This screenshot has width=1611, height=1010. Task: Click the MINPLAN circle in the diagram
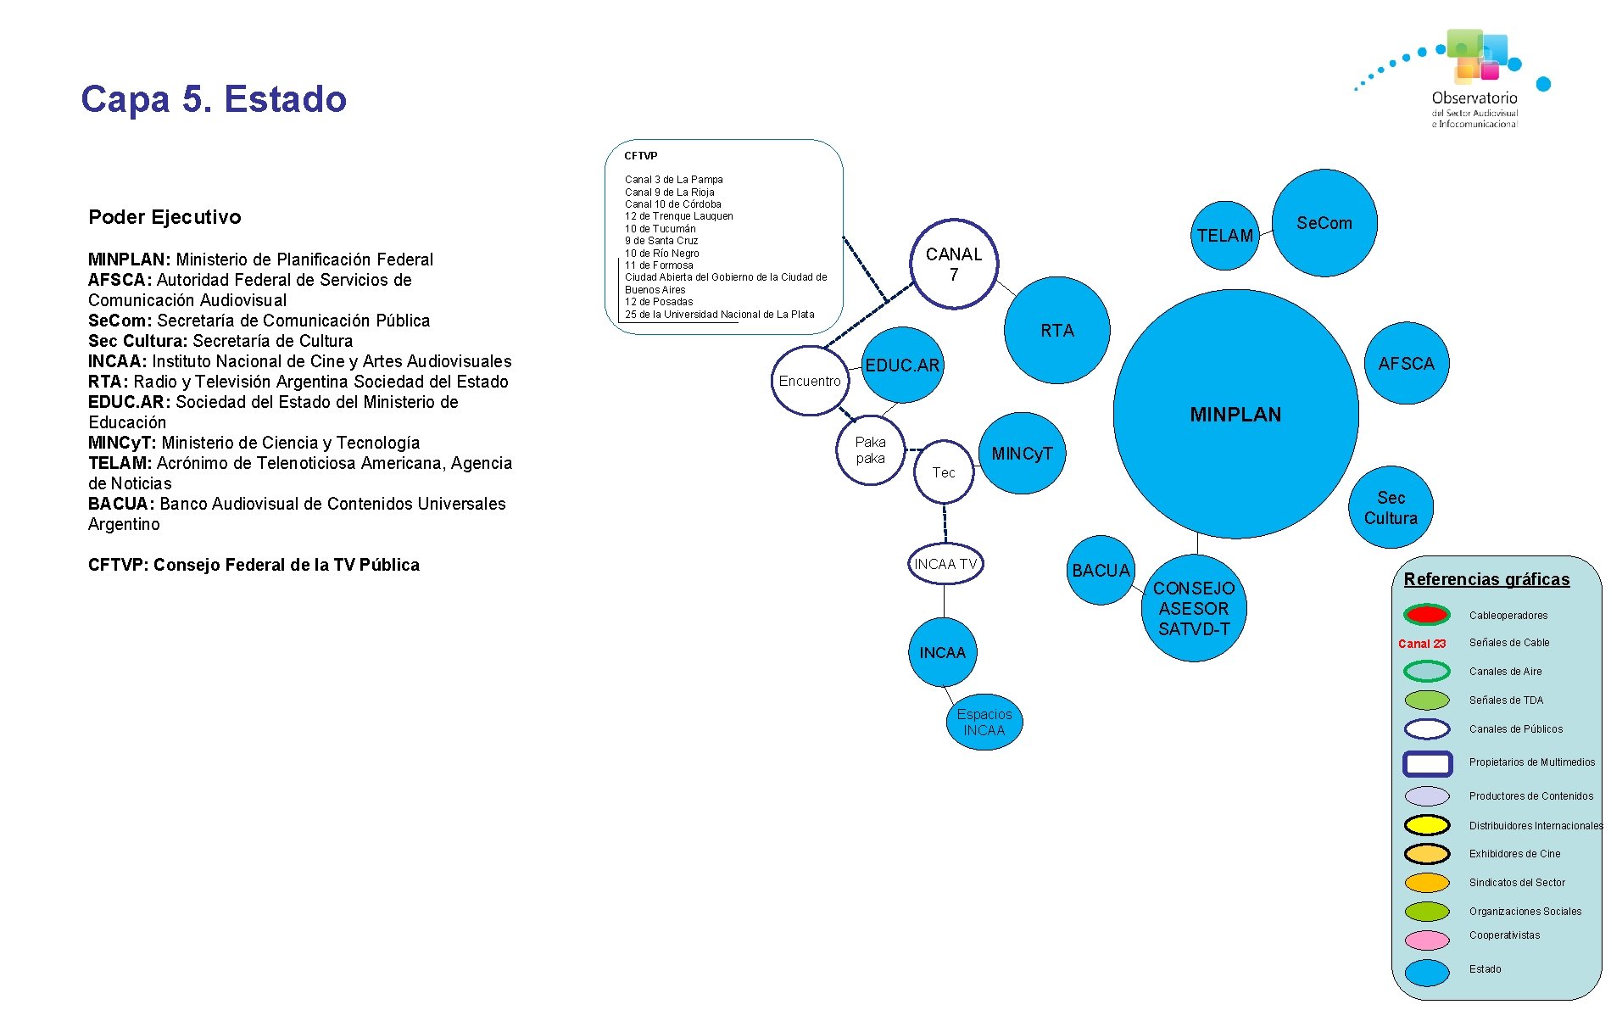(x=1235, y=415)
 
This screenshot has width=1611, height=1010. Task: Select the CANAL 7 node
(x=954, y=264)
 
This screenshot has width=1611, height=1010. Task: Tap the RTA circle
(x=1056, y=331)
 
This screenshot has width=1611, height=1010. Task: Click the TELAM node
(x=1224, y=236)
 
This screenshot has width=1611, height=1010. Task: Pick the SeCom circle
(x=1324, y=223)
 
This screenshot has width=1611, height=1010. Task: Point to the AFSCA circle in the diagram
(x=1406, y=364)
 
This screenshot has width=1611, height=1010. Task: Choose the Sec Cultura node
(x=1391, y=508)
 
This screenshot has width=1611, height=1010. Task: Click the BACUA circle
(x=1101, y=571)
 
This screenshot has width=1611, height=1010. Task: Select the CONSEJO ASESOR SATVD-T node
(x=1194, y=609)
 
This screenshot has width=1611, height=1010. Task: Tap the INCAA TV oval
(x=945, y=564)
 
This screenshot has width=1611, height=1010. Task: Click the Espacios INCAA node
(x=984, y=723)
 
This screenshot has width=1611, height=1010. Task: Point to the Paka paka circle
(x=870, y=450)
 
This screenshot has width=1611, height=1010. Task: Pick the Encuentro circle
(x=810, y=381)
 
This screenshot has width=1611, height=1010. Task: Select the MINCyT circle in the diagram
(x=1022, y=454)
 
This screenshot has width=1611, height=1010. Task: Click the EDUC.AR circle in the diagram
(x=902, y=365)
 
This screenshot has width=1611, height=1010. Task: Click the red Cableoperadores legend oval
(x=1426, y=615)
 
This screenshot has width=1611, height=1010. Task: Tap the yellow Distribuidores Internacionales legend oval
(x=1426, y=825)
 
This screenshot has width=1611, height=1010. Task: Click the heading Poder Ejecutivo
(x=164, y=217)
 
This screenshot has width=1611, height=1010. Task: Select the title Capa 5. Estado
(x=214, y=99)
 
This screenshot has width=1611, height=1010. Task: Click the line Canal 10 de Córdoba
(x=672, y=204)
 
